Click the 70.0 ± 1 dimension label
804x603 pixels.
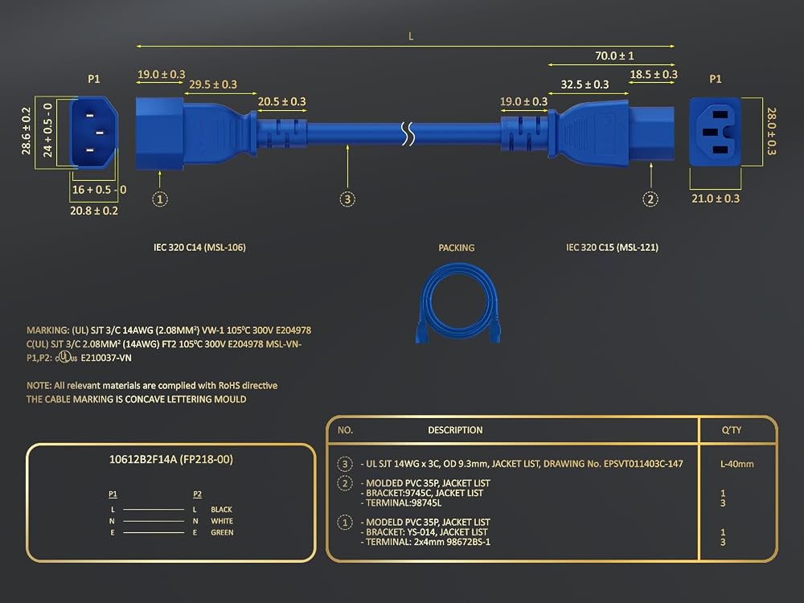pyautogui.click(x=614, y=55)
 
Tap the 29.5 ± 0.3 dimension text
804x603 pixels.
pyautogui.click(x=213, y=84)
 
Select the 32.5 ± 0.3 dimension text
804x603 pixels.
pyautogui.click(x=585, y=84)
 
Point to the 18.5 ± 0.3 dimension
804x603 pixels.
pyautogui.click(x=654, y=74)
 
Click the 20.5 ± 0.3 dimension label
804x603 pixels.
pyautogui.click(x=281, y=101)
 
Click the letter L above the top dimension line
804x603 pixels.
pyautogui.click(x=411, y=36)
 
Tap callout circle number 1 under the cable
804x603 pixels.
pyautogui.click(x=160, y=199)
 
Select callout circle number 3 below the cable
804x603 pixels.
pyautogui.click(x=347, y=199)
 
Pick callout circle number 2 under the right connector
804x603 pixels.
pyautogui.click(x=650, y=199)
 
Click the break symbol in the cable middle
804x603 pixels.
pyautogui.click(x=408, y=133)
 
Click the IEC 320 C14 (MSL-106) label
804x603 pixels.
pyautogui.click(x=199, y=247)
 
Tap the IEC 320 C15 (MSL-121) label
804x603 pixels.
pyautogui.click(x=612, y=247)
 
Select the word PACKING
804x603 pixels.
pyautogui.click(x=457, y=248)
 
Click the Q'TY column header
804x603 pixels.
pyautogui.click(x=731, y=429)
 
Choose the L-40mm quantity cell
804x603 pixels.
pyautogui.click(x=736, y=464)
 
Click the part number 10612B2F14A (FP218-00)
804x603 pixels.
pyautogui.click(x=170, y=459)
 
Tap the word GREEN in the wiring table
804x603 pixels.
pyautogui.click(x=222, y=532)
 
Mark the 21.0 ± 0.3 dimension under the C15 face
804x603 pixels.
pyautogui.click(x=716, y=199)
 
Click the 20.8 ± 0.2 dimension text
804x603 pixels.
pyautogui.click(x=94, y=211)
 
